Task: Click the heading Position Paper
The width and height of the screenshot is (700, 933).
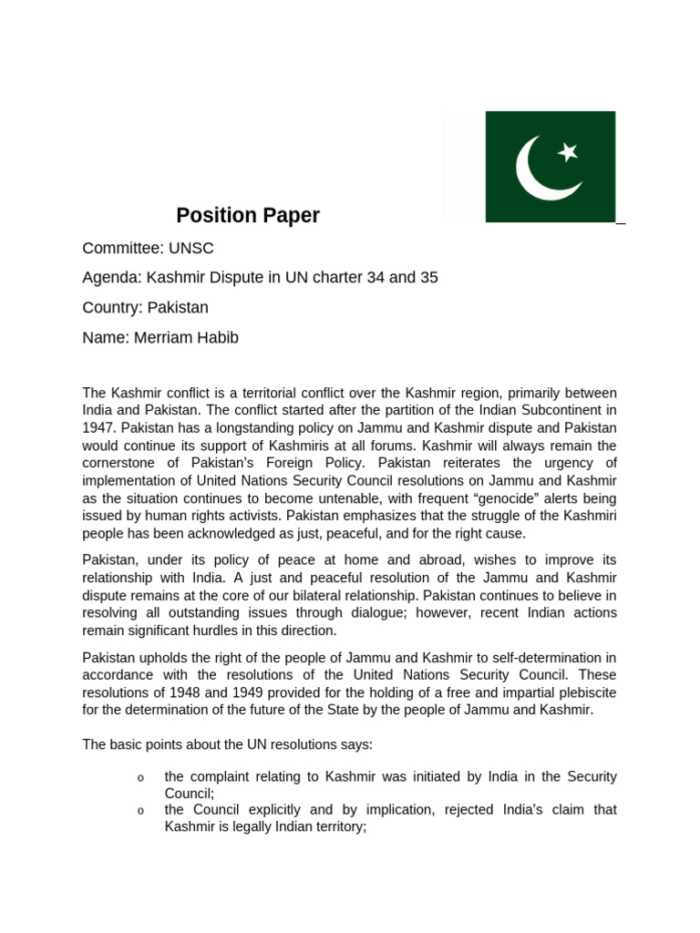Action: [x=248, y=216]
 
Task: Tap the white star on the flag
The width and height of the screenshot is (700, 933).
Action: [x=568, y=152]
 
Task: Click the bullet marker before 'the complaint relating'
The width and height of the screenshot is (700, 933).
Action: [x=139, y=778]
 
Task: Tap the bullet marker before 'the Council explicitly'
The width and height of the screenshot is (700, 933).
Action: [x=139, y=811]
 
